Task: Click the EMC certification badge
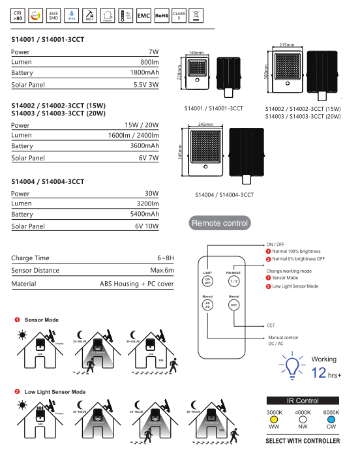(x=143, y=15)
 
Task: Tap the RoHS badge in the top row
(x=162, y=15)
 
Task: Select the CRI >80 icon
(x=19, y=15)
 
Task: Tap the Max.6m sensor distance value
(x=162, y=270)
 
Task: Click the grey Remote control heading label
(x=220, y=223)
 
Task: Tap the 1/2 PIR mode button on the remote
(x=233, y=280)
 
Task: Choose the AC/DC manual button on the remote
(x=207, y=305)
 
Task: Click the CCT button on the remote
(x=233, y=305)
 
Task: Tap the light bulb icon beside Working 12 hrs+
(x=292, y=365)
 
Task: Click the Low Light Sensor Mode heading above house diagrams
(x=55, y=391)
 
